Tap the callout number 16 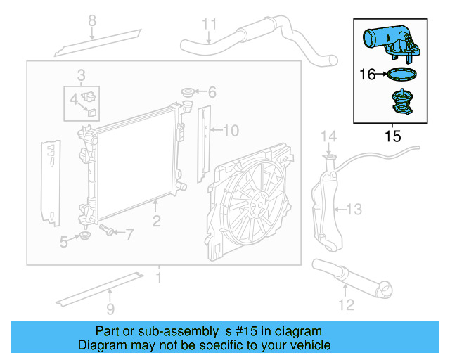pos(368,73)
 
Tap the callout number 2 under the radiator pos(157,221)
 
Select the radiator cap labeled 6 pos(188,92)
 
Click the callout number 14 pos(329,136)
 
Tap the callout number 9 pos(110,307)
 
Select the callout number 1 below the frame pos(159,276)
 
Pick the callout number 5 pos(64,242)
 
